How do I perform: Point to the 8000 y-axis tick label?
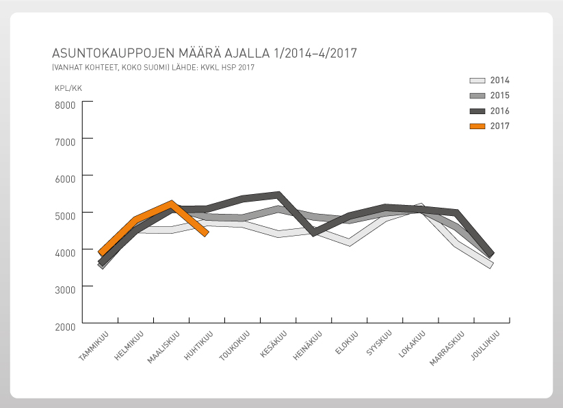click(x=65, y=105)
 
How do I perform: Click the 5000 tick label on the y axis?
click(x=65, y=215)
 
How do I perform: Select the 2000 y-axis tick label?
click(x=65, y=326)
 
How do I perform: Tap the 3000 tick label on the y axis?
click(x=65, y=289)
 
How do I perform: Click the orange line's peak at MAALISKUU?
click(x=171, y=203)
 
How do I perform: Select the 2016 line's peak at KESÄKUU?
click(x=278, y=195)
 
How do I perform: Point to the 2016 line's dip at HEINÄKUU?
click(x=313, y=233)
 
